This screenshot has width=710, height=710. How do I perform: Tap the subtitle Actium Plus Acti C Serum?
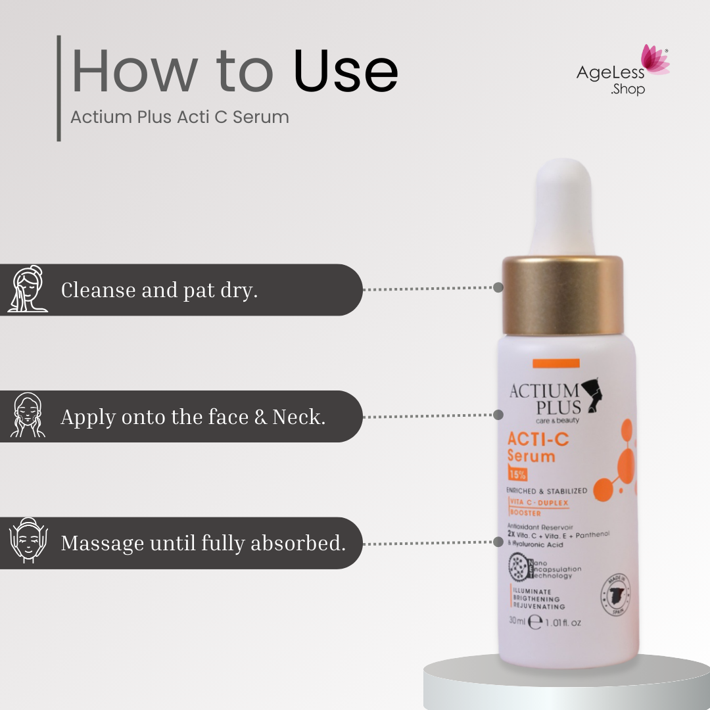(x=179, y=117)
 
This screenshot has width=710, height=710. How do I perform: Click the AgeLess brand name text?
(x=610, y=73)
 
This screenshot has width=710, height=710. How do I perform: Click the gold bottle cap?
(x=562, y=295)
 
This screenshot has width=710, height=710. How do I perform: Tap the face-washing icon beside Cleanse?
(x=28, y=289)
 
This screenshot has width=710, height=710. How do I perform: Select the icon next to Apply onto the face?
(x=28, y=415)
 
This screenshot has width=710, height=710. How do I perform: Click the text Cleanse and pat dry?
(x=159, y=290)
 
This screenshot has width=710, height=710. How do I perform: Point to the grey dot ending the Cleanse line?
(x=498, y=287)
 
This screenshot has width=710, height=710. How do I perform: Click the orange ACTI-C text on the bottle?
(x=538, y=439)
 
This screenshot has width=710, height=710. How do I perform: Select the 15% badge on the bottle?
(x=517, y=473)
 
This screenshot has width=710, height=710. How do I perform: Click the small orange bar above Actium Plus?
(x=556, y=363)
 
